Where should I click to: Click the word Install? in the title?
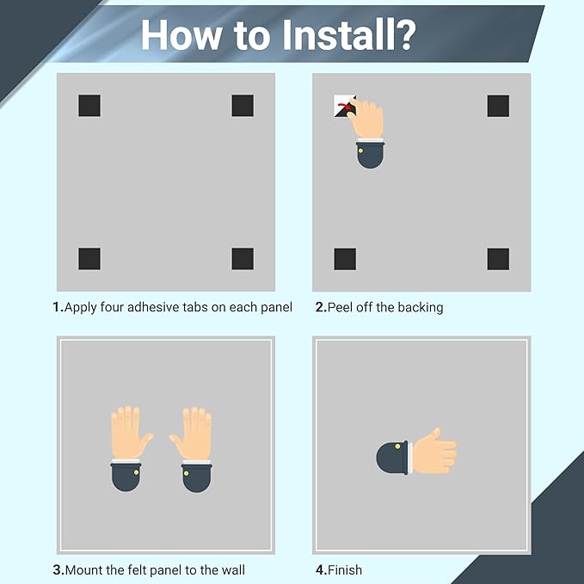(x=349, y=34)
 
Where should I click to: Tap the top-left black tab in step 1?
(x=89, y=106)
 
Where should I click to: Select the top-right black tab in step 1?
(x=243, y=106)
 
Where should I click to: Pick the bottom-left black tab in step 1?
(x=89, y=259)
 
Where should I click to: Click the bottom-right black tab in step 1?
(x=243, y=259)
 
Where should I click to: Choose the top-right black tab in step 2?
(x=498, y=106)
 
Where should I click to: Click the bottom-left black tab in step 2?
(x=345, y=259)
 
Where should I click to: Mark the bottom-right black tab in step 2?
(x=498, y=259)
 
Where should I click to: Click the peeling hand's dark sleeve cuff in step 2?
(x=370, y=155)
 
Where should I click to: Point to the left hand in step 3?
(x=130, y=433)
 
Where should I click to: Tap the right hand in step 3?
(x=193, y=433)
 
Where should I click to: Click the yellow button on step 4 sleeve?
(x=397, y=446)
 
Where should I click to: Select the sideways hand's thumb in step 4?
(x=432, y=435)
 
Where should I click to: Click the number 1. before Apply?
(x=58, y=307)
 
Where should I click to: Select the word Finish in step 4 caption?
(x=345, y=570)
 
